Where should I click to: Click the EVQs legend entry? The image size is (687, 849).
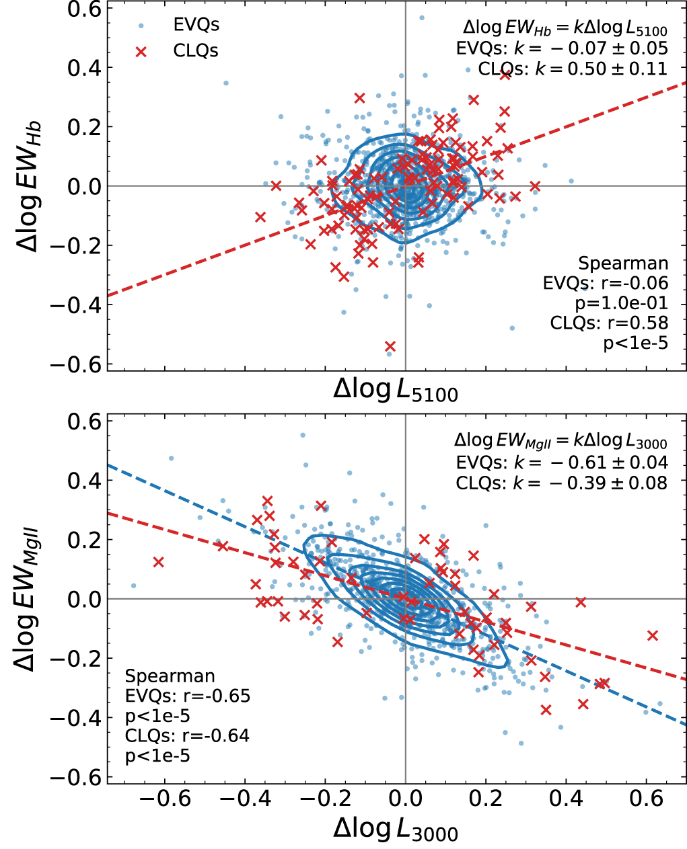click(x=195, y=26)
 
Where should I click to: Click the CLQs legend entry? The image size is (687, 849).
click(x=195, y=51)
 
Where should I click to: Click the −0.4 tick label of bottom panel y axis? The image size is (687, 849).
click(x=75, y=718)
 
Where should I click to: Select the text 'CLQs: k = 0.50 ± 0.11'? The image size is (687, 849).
click(x=573, y=69)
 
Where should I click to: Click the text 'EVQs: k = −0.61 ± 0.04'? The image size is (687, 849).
click(x=562, y=462)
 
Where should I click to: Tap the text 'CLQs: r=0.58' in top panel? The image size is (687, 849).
click(x=609, y=323)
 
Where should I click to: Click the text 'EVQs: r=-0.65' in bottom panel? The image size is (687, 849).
click(x=188, y=696)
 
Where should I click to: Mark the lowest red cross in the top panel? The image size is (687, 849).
click(x=390, y=347)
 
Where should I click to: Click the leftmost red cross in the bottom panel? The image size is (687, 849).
click(x=158, y=562)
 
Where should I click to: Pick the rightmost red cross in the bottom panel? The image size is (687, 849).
click(x=651, y=635)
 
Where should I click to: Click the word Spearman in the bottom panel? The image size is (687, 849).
click(x=170, y=676)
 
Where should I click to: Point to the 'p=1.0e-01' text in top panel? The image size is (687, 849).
click(x=621, y=303)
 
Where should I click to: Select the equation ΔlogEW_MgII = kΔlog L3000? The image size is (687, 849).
click(x=561, y=441)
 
